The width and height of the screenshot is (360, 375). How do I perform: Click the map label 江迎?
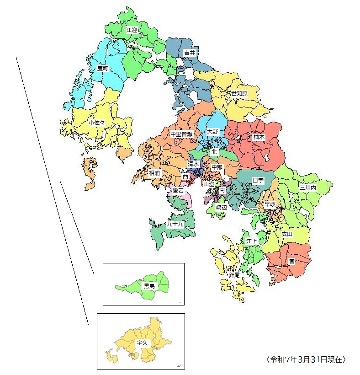coord(132,30)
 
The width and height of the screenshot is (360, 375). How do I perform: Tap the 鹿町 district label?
coord(103,69)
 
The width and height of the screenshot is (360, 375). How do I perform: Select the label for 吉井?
coord(189,53)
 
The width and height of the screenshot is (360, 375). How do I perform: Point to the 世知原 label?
coord(239,93)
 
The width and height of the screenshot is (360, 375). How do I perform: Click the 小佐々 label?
coord(96,123)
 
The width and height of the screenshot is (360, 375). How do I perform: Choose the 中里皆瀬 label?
coord(181,134)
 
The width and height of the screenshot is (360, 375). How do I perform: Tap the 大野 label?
coord(213,132)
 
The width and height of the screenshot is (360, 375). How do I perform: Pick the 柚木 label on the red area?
coord(259,137)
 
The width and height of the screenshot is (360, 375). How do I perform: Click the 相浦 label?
coord(155,173)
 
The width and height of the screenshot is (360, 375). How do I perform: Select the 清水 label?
coord(193,164)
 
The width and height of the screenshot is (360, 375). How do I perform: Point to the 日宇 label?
coord(258,181)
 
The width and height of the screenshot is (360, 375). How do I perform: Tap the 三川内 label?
coord(307,187)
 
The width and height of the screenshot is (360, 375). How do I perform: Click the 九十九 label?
coord(175,225)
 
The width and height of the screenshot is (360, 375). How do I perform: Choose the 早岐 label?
coord(270,204)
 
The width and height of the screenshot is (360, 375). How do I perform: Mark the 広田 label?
coord(287,234)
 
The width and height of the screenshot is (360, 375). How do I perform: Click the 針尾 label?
coord(234,276)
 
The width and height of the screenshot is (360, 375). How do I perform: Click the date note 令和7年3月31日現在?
coord(306,359)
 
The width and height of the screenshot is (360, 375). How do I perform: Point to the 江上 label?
coord(252,241)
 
